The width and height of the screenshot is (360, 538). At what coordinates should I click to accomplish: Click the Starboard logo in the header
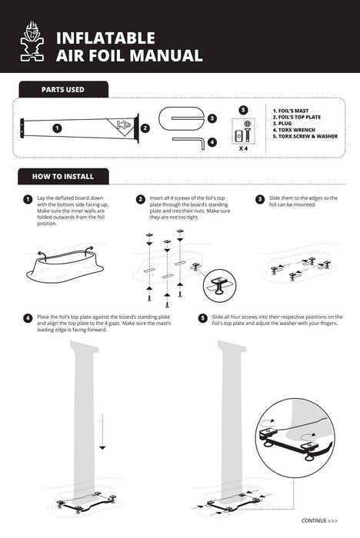point(32,42)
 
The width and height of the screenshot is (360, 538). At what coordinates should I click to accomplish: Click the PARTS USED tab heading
point(63,90)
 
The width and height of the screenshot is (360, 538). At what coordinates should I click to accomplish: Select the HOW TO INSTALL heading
point(63,176)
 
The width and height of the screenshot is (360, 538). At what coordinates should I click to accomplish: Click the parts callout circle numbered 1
point(57,128)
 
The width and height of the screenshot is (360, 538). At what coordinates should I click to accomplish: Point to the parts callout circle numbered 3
point(212,118)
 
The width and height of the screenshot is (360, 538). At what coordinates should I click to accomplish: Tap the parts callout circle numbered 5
point(243,110)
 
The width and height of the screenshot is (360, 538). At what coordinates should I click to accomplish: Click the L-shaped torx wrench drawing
point(188,142)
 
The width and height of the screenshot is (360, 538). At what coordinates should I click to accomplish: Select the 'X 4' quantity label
point(243,148)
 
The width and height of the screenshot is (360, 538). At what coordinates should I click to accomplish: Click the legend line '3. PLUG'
point(282,124)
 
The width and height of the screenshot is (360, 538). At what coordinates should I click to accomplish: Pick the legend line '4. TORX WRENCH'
point(294,130)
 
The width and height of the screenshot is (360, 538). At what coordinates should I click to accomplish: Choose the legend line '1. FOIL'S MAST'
point(291,111)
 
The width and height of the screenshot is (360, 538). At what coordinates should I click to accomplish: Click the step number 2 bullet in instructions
point(140,199)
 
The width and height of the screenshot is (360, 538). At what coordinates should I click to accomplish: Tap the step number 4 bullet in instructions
point(28,318)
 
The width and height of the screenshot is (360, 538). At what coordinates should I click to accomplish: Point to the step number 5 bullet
point(202,318)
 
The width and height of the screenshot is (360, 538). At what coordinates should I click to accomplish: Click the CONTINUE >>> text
point(319,520)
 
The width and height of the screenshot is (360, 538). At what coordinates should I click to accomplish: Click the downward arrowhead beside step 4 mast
point(102,447)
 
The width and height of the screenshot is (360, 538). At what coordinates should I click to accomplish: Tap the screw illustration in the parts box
point(247,132)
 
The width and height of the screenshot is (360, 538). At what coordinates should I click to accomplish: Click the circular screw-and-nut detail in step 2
point(219,285)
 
